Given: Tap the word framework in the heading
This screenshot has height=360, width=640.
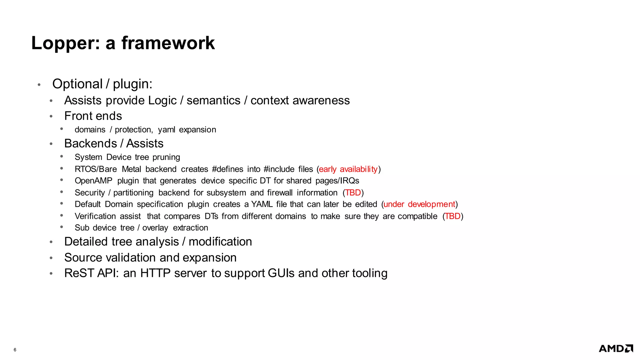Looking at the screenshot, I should [x=168, y=43].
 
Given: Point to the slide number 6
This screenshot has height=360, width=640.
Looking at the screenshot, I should [x=15, y=350].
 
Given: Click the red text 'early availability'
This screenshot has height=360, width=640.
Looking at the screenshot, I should [x=348, y=169].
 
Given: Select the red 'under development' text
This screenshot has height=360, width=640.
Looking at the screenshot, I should [x=419, y=204].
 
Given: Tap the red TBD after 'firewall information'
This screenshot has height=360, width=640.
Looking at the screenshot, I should [x=353, y=192].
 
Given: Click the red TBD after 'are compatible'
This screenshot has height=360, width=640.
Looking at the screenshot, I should [x=452, y=216].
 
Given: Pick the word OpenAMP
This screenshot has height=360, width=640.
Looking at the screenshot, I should [x=93, y=181].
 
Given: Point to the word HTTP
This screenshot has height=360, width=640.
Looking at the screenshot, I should [x=155, y=273].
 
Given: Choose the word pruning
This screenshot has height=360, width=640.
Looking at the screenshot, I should [x=166, y=157].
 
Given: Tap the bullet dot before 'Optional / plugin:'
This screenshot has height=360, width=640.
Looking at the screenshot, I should [x=39, y=85].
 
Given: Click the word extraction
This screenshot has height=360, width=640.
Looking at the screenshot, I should [x=190, y=228].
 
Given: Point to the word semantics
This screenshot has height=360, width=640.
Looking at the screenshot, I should [x=213, y=100].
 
